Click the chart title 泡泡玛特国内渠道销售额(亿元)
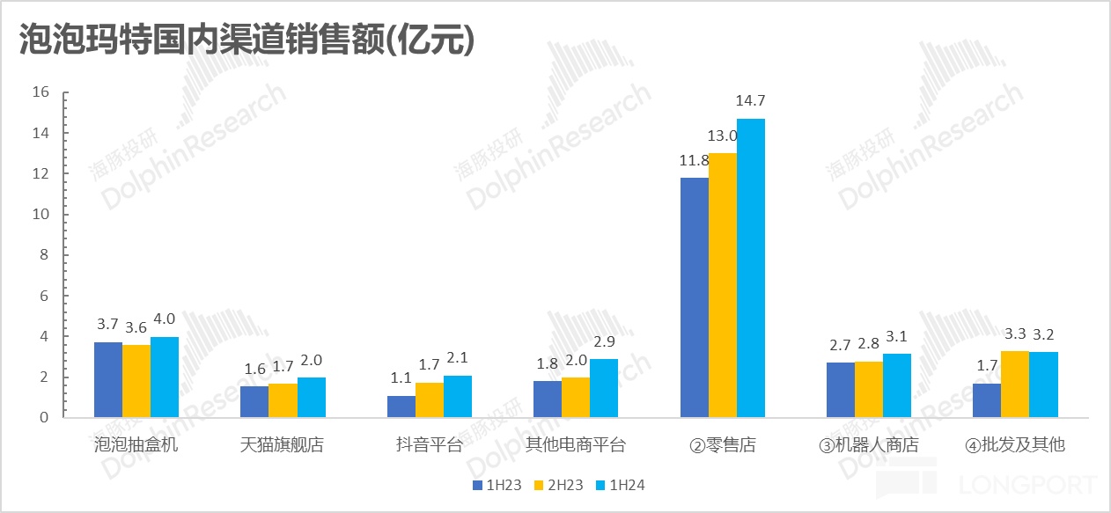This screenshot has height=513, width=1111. coord(247,40)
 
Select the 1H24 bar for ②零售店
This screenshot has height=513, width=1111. coord(751,267)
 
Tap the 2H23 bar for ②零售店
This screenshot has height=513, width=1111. coord(723,285)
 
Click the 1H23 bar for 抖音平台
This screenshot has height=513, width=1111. coord(401,407)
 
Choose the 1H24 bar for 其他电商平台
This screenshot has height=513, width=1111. coord(604,388)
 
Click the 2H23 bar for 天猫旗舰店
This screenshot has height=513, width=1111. coord(283,400)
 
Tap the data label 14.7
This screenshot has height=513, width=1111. coord(751,101)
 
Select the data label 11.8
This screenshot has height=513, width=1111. coord(694,160)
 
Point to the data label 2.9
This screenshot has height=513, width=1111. coord(605,341)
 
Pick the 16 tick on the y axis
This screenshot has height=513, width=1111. coord(40,92)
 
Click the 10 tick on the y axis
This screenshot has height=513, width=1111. coord(40,215)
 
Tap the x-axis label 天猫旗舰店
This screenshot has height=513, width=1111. coord(282,444)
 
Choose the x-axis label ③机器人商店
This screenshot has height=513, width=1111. coord(868,445)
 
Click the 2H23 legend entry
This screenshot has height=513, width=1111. coord(559,485)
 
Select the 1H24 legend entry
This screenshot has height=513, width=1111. coord(622,485)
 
